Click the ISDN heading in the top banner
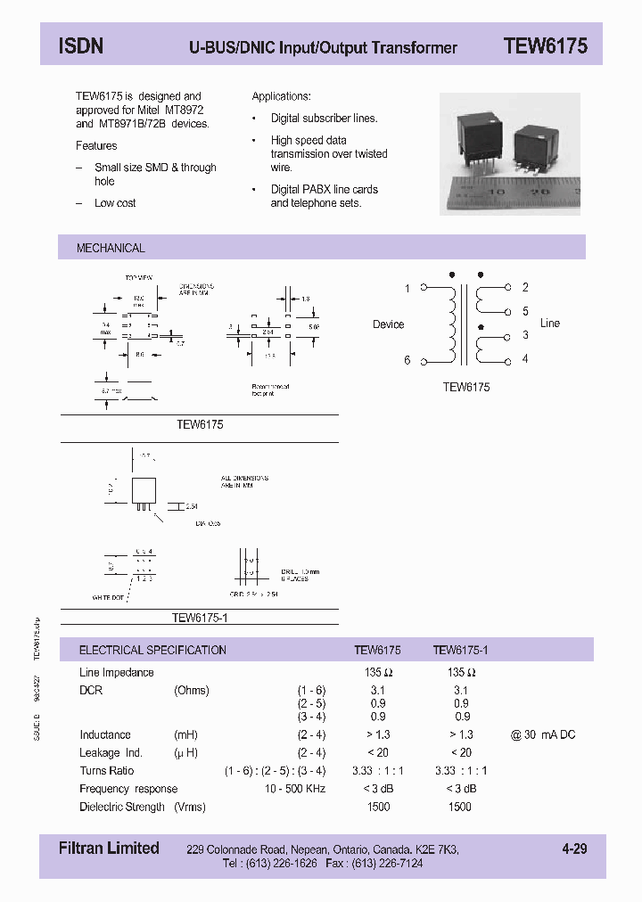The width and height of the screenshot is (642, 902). [x=80, y=46]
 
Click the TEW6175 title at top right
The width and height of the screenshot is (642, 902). [x=545, y=46]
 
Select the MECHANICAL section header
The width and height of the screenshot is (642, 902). [x=111, y=248]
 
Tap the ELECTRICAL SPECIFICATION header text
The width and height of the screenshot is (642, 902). [x=152, y=651]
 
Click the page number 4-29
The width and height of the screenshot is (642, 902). [x=574, y=849]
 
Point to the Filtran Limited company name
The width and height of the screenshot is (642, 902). [x=109, y=849]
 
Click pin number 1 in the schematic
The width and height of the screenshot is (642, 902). [x=407, y=288]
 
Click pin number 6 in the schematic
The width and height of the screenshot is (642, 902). [x=407, y=360]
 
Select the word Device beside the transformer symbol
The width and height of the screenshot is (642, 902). [x=388, y=324]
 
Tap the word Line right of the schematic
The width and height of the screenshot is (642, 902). [x=550, y=323]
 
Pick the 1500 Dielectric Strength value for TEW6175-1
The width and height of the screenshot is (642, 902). [x=459, y=807]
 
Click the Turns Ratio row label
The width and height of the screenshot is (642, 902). [x=106, y=771]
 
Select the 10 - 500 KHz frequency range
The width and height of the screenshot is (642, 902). [x=295, y=789]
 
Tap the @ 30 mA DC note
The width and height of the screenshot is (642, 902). [x=543, y=734]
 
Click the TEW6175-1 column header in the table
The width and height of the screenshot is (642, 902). [x=460, y=651]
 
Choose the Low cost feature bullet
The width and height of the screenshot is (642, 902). [x=115, y=203]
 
